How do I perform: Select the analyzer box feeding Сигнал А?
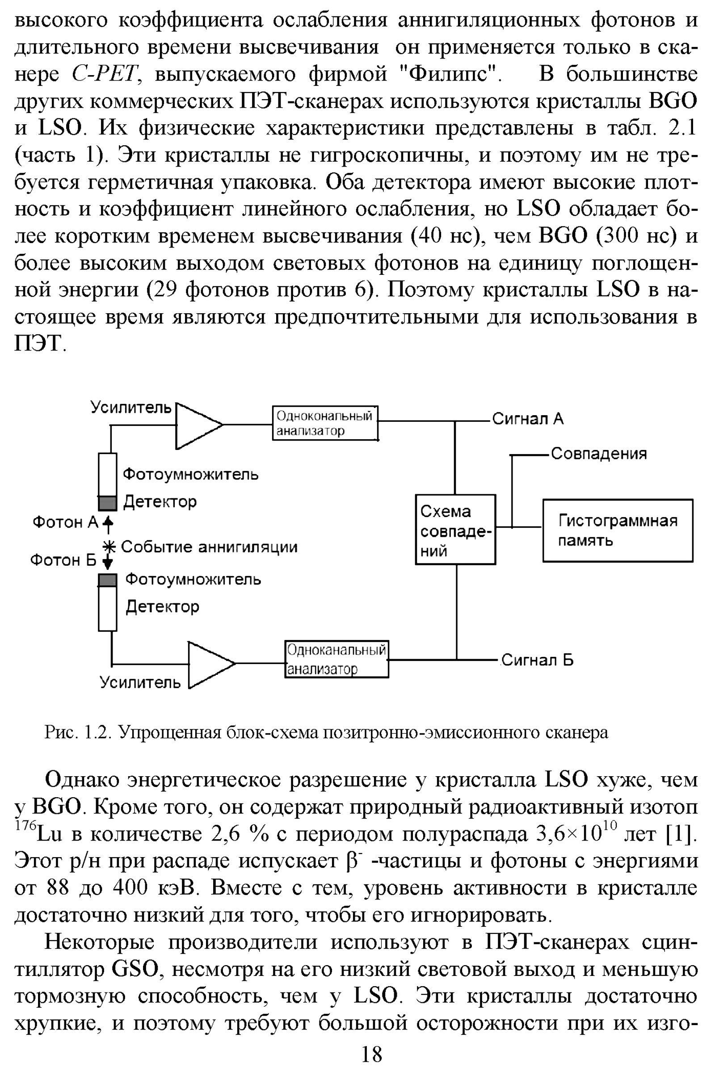(x=325, y=423)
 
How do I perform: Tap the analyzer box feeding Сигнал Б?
(x=336, y=660)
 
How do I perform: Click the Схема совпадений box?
(x=455, y=530)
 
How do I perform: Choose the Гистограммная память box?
(x=618, y=530)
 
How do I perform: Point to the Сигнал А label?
(x=528, y=419)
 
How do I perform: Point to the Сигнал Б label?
(x=537, y=660)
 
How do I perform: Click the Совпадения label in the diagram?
(x=599, y=453)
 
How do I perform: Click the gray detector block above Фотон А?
(x=108, y=504)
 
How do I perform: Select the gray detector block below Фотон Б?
(x=108, y=580)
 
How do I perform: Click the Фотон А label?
(x=65, y=522)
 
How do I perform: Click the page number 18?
(x=372, y=1054)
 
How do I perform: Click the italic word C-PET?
(x=105, y=74)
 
